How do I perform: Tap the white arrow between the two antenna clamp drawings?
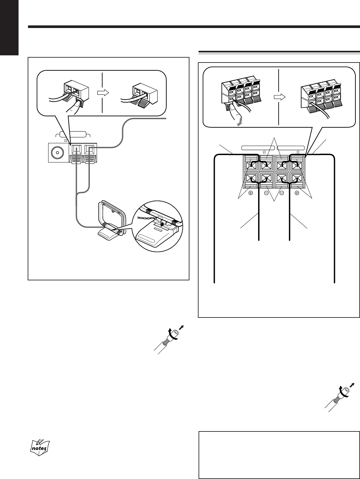point(103,92)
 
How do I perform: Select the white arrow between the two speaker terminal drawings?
point(279,97)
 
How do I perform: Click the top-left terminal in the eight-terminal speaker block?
point(251,165)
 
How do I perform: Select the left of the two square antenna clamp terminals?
point(76,150)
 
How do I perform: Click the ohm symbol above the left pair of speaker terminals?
point(264,152)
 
